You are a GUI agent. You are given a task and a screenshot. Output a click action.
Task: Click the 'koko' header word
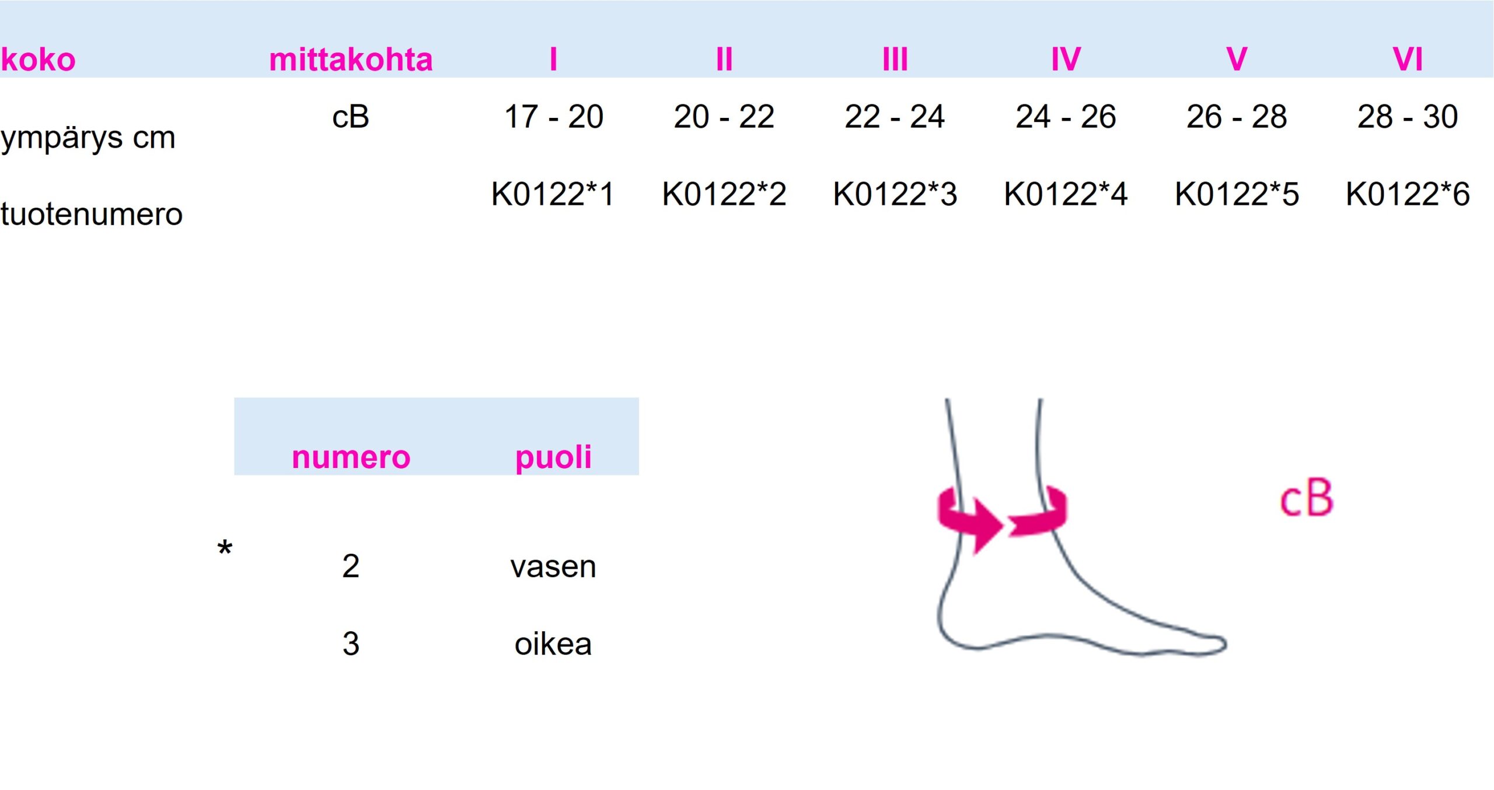39,60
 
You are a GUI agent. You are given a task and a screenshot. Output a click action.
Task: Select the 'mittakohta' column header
351,60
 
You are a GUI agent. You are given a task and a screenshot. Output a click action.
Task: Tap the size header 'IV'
1066,60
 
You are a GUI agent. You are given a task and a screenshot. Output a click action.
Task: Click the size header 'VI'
1408,60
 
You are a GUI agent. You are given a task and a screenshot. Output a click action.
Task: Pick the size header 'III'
895,60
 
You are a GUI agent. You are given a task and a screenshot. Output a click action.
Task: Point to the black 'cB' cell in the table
351,117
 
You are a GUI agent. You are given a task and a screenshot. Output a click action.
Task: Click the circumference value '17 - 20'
554,117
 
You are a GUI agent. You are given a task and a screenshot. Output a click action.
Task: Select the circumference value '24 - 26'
1066,117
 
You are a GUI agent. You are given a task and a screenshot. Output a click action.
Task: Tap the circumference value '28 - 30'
1408,117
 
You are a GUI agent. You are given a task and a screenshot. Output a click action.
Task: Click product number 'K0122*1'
553,194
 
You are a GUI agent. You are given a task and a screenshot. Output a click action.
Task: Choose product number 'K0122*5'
1237,194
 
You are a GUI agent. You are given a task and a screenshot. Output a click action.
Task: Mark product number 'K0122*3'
895,194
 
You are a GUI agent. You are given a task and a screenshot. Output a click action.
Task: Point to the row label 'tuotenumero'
92,214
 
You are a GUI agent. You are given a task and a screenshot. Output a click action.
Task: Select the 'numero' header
351,457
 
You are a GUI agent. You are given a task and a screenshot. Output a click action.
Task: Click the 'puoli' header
553,458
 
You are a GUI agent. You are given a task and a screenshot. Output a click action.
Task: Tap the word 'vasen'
553,567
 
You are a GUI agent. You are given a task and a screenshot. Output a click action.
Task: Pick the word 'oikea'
553,644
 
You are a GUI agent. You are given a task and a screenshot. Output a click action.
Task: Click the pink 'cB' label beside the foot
1307,499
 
